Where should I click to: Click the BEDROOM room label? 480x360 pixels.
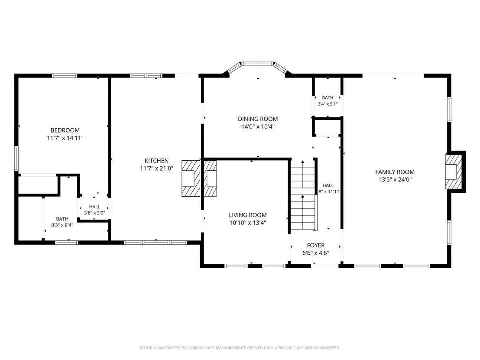click(65, 130)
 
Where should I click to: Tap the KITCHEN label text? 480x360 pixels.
click(156, 161)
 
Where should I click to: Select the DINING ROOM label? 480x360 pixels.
click(258, 119)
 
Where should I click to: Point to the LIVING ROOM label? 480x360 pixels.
click(248, 215)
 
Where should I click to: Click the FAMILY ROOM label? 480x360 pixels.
click(395, 172)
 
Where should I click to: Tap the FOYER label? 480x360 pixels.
click(316, 246)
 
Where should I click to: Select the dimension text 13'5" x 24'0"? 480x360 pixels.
click(395, 180)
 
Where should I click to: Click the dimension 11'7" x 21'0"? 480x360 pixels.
click(156, 169)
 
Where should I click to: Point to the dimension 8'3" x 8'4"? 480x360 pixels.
click(62, 225)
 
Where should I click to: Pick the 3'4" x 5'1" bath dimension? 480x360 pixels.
click(328, 104)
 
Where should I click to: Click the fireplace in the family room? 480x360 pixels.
click(454, 172)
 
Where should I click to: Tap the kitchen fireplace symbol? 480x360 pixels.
click(191, 178)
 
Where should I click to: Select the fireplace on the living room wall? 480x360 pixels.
click(210, 178)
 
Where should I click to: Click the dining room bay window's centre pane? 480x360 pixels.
click(257, 64)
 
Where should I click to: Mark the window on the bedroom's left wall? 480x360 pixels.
click(16, 158)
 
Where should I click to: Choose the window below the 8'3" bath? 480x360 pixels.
click(67, 243)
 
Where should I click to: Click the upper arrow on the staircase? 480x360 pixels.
click(303, 174)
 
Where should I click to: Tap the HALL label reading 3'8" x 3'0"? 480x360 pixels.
click(94, 210)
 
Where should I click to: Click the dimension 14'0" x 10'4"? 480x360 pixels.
click(258, 127)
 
